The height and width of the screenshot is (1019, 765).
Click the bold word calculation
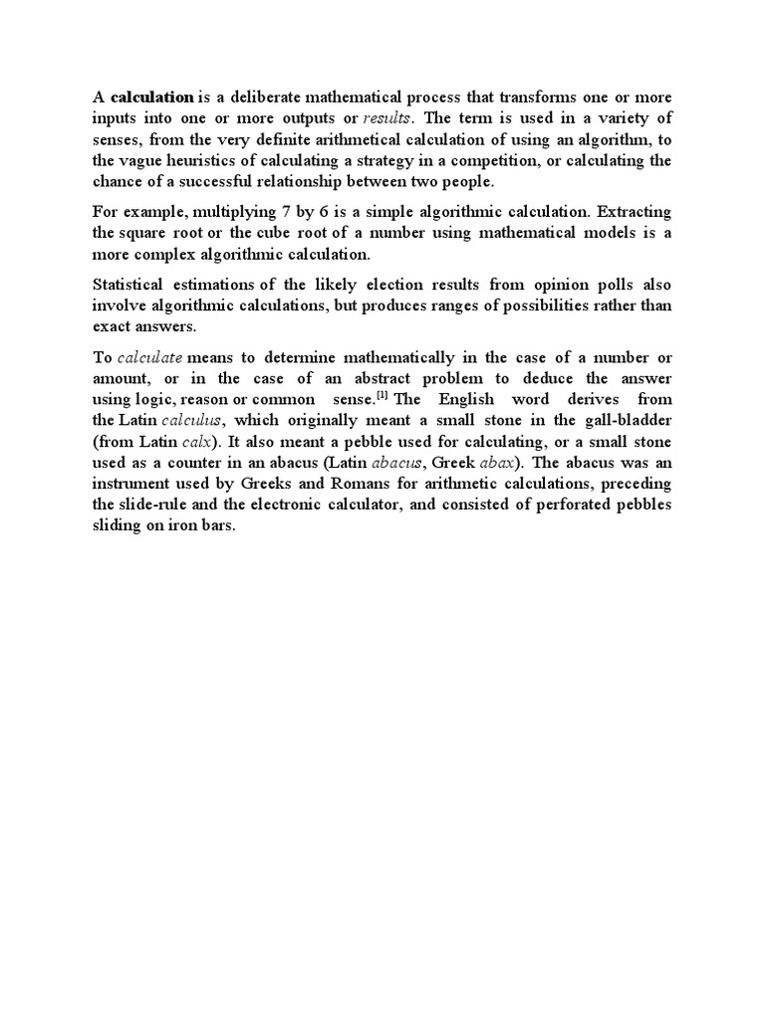pos(152,98)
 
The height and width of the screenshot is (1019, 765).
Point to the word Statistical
pos(129,284)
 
